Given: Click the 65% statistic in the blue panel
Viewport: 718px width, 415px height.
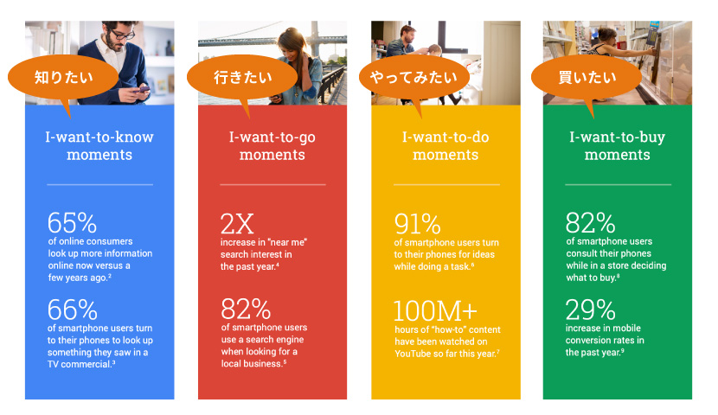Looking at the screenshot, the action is [72, 223].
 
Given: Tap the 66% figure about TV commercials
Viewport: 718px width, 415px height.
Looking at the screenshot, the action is [73, 310].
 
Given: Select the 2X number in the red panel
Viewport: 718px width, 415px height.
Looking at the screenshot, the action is [237, 224].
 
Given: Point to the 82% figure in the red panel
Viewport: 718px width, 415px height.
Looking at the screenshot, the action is [246, 309].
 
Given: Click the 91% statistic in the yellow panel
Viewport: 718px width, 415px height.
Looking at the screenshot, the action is [418, 224].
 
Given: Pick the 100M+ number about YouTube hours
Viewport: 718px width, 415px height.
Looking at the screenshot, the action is [435, 311].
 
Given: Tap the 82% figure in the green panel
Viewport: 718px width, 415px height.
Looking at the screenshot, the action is [590, 223].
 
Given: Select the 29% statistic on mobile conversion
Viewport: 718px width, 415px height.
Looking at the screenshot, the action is [590, 310].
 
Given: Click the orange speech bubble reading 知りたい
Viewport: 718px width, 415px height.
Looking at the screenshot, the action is [63, 78].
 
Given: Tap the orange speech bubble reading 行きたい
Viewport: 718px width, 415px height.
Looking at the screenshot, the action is [243, 78].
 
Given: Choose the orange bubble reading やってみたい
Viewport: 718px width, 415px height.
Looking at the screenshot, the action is [413, 78].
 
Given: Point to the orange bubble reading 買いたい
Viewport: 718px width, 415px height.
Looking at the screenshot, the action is [587, 78].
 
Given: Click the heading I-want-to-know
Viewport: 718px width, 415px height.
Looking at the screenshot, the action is [99, 137].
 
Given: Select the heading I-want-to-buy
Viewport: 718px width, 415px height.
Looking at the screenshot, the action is [618, 137].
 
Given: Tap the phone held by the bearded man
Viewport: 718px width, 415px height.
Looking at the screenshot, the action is [143, 89].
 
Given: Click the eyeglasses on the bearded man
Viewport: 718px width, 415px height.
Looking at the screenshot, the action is [123, 35].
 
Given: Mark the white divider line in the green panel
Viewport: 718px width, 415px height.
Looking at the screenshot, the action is [619, 185].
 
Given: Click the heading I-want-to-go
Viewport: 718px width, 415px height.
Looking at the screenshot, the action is [272, 137].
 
